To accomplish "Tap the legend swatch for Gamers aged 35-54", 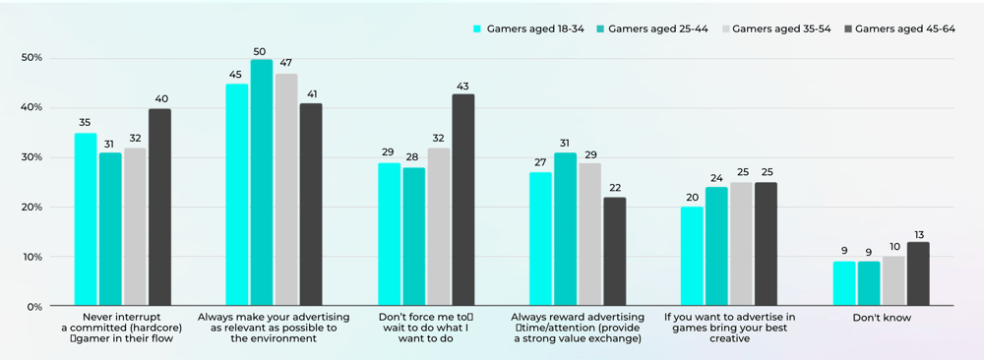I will point(723,30).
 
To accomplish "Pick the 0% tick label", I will point(34,307).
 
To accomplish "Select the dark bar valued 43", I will point(462,201).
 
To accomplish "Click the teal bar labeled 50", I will point(261,183).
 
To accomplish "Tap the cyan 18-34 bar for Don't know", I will point(844,283).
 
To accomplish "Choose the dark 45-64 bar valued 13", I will point(917,274).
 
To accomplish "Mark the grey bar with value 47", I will point(286,190).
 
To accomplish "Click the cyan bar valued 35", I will point(86,219).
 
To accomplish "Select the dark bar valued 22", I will point(614,252).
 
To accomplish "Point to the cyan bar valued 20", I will point(692,257).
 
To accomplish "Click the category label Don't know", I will point(881,318).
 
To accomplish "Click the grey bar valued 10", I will point(892,281).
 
